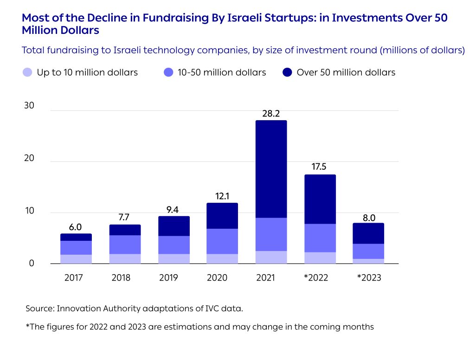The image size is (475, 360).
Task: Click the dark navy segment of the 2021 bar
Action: tap(271, 169)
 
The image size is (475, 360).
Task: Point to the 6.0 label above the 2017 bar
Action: tap(76, 227)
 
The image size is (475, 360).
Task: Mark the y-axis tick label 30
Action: tap(29, 106)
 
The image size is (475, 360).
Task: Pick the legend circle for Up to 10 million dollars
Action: tap(27, 72)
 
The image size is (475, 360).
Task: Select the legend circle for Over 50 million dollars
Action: tap(287, 72)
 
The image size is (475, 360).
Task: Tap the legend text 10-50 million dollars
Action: tap(221, 72)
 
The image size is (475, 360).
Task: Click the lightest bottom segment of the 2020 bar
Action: tap(222, 259)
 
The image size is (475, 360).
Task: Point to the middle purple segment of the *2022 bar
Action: tap(320, 238)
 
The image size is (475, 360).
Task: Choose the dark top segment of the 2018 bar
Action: tap(125, 230)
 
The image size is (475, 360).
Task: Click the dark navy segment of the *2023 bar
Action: tap(368, 233)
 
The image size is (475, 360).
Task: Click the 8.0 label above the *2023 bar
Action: tap(368, 218)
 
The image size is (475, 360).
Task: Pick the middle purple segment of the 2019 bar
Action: tap(173, 245)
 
